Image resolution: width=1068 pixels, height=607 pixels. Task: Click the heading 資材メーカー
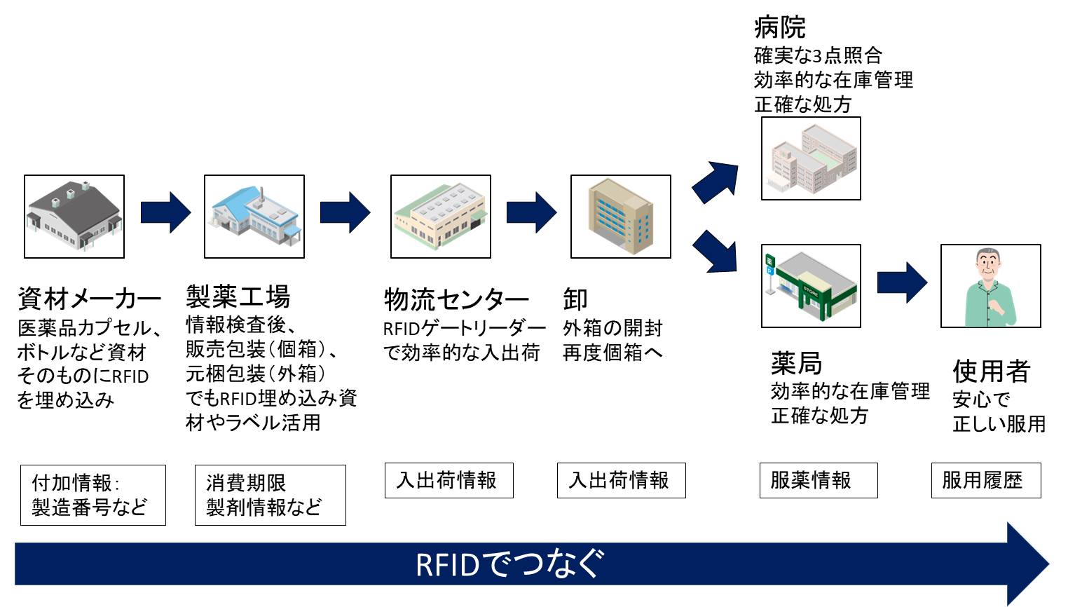(89, 299)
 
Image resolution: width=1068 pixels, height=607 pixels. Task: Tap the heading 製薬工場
(238, 296)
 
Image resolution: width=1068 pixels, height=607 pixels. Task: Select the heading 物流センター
(456, 299)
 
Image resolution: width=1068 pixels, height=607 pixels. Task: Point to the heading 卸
(575, 299)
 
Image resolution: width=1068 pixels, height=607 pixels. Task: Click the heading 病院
(779, 27)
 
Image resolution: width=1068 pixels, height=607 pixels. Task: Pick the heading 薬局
(796, 363)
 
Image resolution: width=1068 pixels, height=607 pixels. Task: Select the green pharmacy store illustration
(811, 285)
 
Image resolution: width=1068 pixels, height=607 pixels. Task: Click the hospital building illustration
(811, 158)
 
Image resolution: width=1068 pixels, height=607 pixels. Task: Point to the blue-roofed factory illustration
(254, 217)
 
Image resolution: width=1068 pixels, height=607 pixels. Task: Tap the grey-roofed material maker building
(74, 217)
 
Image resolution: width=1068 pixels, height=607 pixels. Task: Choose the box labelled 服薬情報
(818, 480)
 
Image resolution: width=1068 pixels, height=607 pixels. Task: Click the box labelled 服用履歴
(985, 480)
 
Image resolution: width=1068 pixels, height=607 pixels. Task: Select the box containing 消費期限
(270, 495)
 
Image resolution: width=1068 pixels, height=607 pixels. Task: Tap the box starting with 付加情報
(93, 495)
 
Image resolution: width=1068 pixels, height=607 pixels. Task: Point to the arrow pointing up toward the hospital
(716, 182)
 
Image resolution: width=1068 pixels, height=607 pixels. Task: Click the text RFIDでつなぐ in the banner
(509, 564)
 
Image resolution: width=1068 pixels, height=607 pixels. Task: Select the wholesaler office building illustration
(620, 217)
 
